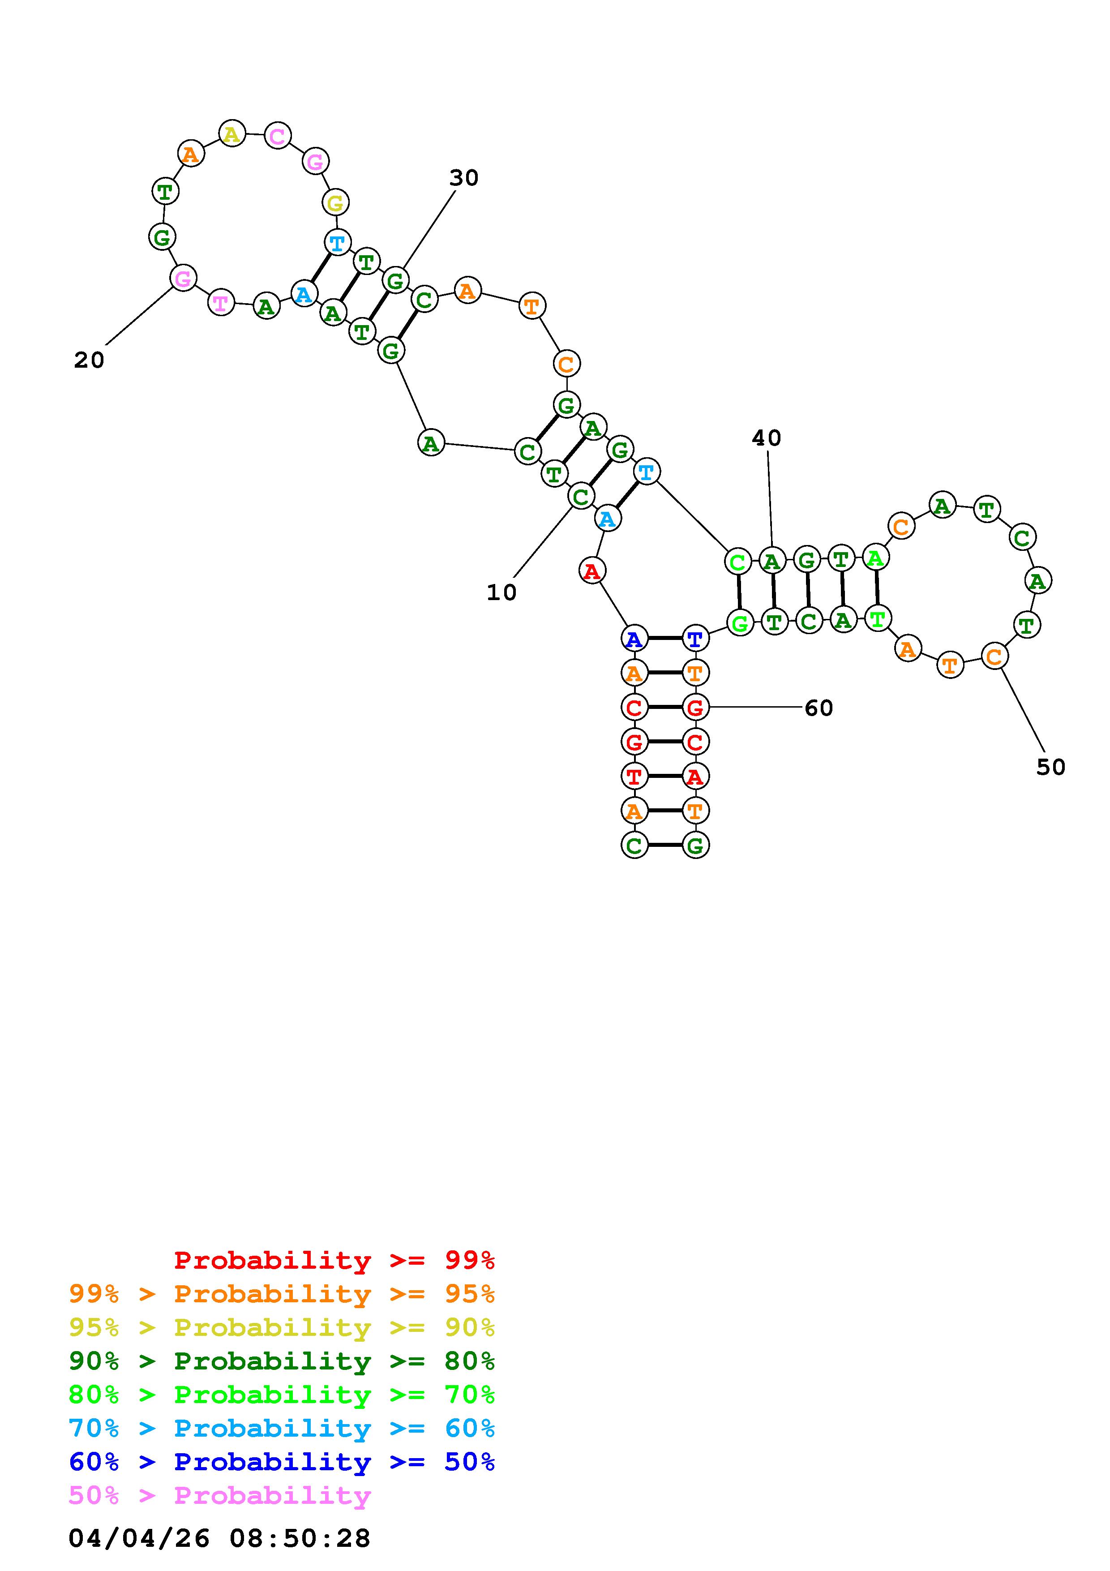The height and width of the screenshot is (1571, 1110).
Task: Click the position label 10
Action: [x=501, y=592]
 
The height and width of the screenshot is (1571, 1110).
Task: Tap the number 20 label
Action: [x=89, y=360]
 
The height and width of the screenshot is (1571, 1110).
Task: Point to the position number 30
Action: [x=464, y=178]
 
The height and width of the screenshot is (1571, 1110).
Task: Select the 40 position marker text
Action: [x=766, y=438]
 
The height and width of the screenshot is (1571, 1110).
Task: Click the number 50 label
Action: [x=1050, y=767]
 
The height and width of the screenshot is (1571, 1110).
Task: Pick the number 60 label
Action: [x=819, y=708]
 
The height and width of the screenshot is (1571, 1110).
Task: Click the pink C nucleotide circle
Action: [x=277, y=136]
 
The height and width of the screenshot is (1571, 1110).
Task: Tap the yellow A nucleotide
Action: [x=232, y=134]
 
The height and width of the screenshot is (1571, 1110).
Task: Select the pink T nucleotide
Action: [x=220, y=302]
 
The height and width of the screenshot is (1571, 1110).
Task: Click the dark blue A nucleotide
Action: [x=634, y=639]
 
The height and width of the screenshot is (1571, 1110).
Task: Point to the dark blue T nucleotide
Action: [x=695, y=639]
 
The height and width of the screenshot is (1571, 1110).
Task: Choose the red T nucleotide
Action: [x=634, y=776]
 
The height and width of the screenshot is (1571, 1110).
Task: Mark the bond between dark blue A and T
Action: [x=664, y=639]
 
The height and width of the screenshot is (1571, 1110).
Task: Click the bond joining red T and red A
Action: [x=664, y=776]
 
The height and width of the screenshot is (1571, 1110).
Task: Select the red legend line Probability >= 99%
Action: [x=334, y=1260]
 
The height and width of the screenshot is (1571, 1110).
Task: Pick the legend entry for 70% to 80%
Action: [x=282, y=1395]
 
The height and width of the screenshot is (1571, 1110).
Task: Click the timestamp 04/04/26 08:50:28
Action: [x=219, y=1538]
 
